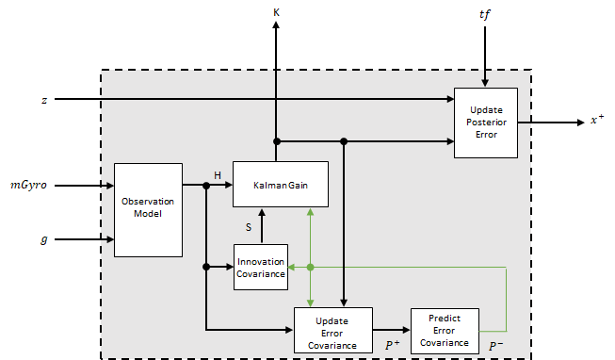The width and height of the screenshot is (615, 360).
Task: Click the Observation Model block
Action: [148, 209]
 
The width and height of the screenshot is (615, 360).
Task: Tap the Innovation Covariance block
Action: [261, 267]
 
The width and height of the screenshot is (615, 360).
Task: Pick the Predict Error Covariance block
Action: [445, 330]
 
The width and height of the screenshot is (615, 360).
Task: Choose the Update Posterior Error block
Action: [486, 122]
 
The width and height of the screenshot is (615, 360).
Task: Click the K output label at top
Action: [276, 11]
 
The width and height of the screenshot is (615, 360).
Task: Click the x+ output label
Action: [597, 121]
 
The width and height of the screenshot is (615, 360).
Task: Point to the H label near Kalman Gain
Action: [217, 175]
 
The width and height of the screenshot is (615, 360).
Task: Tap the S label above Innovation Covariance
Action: [249, 226]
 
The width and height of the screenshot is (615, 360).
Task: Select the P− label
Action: [495, 347]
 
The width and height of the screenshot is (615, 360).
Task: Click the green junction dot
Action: [311, 268]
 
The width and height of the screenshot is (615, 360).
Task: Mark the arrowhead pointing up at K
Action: [276, 27]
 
